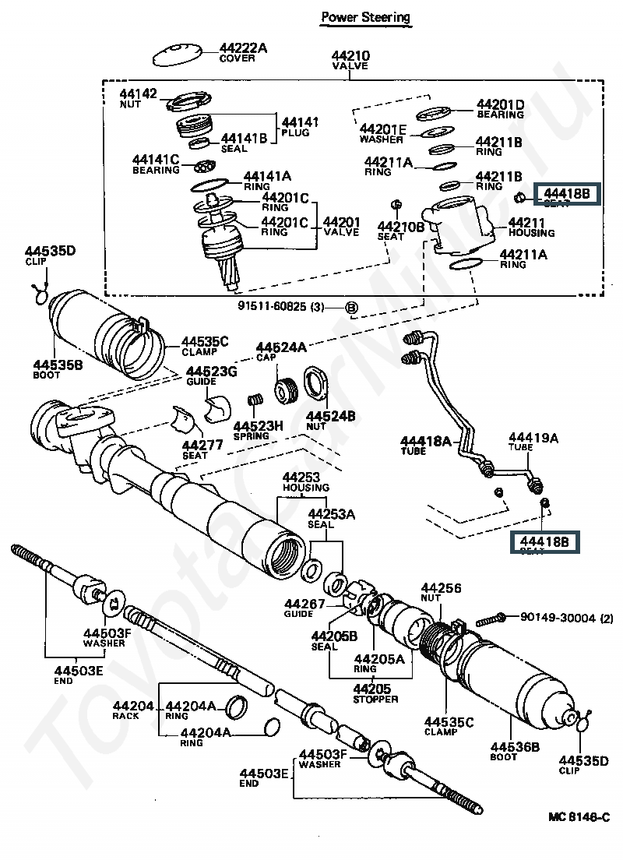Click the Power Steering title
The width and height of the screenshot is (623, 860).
coord(365,17)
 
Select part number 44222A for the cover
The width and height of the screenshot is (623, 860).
coord(242,48)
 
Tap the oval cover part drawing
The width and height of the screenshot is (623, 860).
coord(176,55)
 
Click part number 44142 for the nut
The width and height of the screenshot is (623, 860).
coord(138,94)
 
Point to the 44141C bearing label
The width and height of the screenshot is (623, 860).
coord(156,160)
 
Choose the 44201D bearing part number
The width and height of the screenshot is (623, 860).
coord(500,104)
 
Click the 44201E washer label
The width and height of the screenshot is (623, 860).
coord(382,129)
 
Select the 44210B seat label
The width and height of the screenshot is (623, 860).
coord(401,227)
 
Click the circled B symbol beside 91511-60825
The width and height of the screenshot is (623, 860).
coord(351,308)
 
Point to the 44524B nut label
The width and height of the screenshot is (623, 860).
coord(330,417)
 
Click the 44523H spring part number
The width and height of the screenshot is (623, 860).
coord(258,425)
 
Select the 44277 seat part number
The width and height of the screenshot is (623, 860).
coord(202,446)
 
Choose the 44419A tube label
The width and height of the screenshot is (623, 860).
coord(533,438)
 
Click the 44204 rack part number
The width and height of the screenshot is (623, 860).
coord(128,706)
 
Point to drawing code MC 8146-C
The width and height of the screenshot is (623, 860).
coord(578,816)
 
